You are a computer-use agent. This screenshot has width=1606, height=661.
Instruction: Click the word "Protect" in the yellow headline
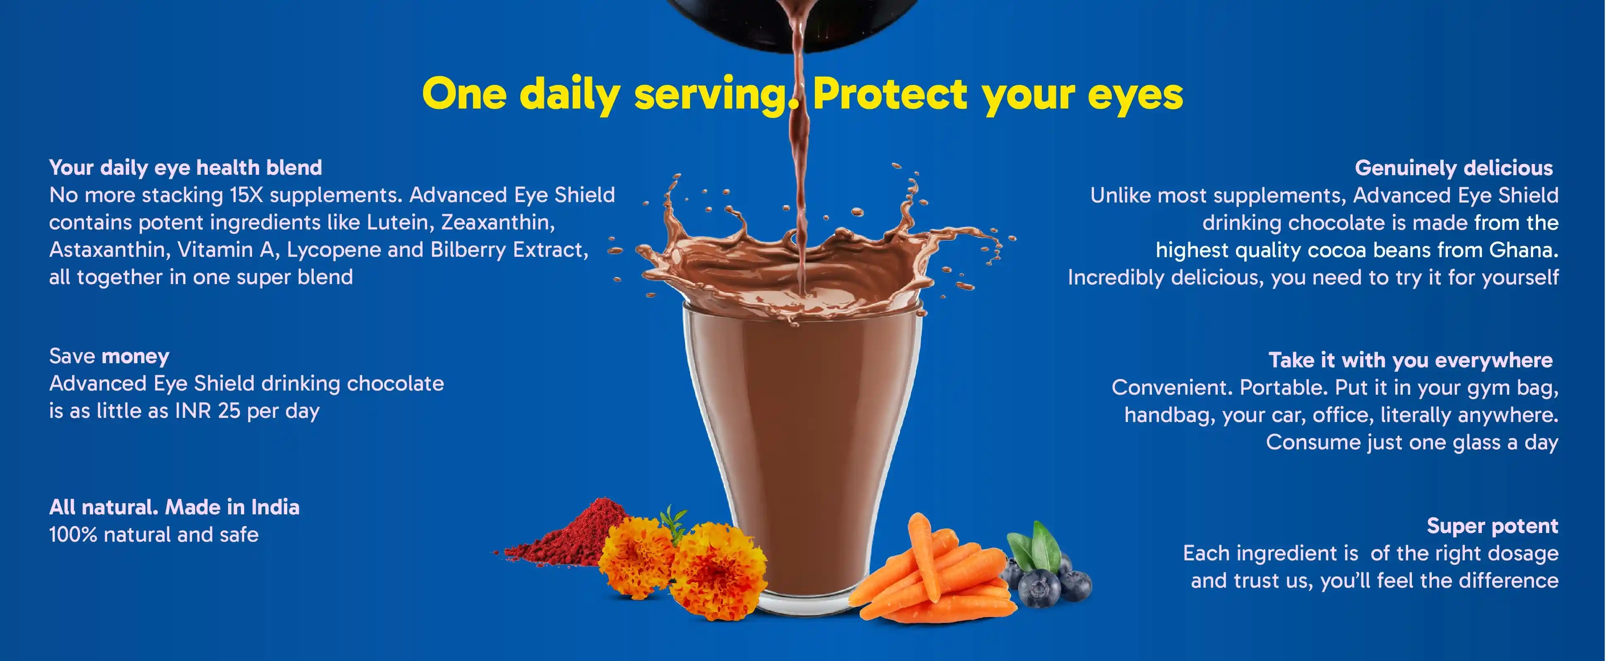[x=890, y=94]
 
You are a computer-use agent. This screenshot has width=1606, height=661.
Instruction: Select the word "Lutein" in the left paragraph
[x=400, y=223]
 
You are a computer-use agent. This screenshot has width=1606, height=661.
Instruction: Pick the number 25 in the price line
[x=229, y=411]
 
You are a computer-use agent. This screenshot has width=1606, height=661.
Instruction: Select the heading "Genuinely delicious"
[x=1454, y=169]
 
